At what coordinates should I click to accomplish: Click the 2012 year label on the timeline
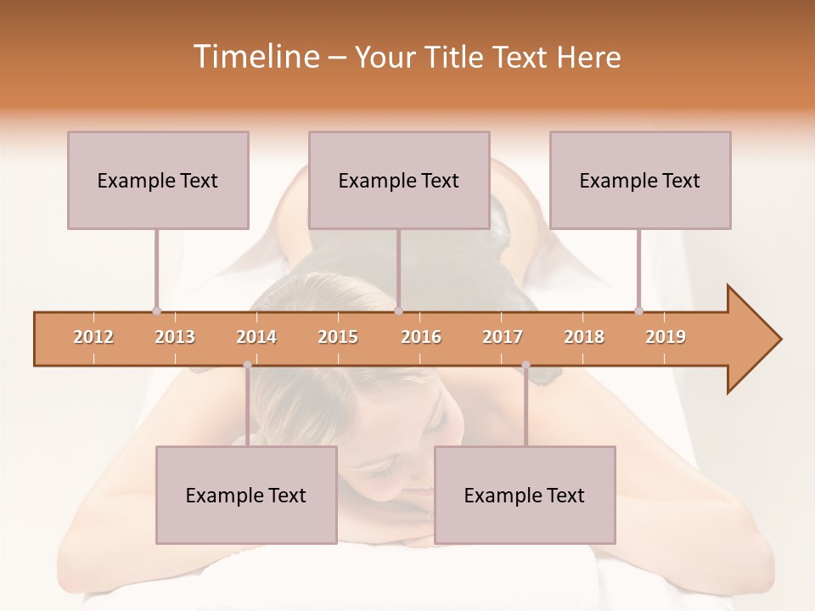pyautogui.click(x=93, y=337)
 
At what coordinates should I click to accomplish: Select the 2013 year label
pyautogui.click(x=175, y=337)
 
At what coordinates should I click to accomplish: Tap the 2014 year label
pyautogui.click(x=256, y=337)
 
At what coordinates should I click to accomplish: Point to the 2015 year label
pyautogui.click(x=338, y=337)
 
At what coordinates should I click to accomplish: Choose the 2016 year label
pyautogui.click(x=421, y=337)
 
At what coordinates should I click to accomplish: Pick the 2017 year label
pyautogui.click(x=503, y=337)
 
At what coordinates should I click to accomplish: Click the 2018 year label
pyautogui.click(x=584, y=337)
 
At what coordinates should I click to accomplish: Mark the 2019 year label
pyautogui.click(x=666, y=337)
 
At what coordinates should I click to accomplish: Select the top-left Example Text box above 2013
pyautogui.click(x=158, y=180)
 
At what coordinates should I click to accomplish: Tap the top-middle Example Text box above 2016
pyautogui.click(x=399, y=180)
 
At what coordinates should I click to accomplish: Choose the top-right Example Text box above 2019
pyautogui.click(x=640, y=180)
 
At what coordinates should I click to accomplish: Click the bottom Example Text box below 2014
pyautogui.click(x=246, y=495)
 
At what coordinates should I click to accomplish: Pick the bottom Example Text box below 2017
pyautogui.click(x=525, y=495)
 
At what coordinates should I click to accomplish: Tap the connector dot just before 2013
pyautogui.click(x=156, y=311)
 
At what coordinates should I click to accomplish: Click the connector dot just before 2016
pyautogui.click(x=399, y=311)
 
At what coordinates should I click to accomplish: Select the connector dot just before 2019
pyautogui.click(x=639, y=311)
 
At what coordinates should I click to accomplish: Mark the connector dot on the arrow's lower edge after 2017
pyautogui.click(x=526, y=365)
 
